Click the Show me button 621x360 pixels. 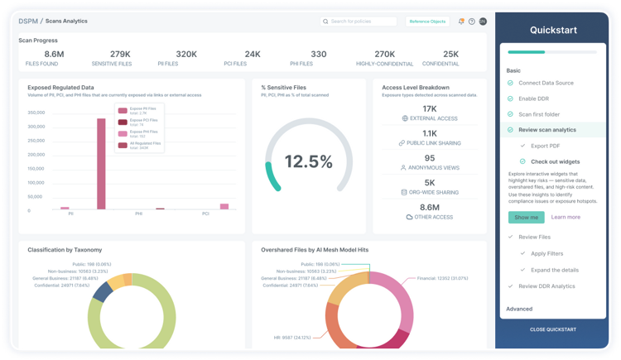pyautogui.click(x=526, y=217)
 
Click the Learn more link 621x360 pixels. pyautogui.click(x=566, y=217)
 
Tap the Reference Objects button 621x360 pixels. pyautogui.click(x=426, y=21)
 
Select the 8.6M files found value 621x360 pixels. pyautogui.click(x=42, y=54)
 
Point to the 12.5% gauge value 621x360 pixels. pyautogui.click(x=309, y=161)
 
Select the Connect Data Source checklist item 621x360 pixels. pyautogui.click(x=546, y=84)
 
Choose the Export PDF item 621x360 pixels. pyautogui.click(x=547, y=145)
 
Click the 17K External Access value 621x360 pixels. pyautogui.click(x=429, y=108)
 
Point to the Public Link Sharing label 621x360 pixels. pyautogui.click(x=433, y=143)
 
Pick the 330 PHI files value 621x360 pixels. pyautogui.click(x=318, y=54)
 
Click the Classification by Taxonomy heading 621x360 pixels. pyautogui.click(x=66, y=249)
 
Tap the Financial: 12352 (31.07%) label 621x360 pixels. pyautogui.click(x=445, y=278)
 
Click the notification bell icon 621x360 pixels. pyautogui.click(x=461, y=22)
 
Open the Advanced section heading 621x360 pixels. pyautogui.click(x=520, y=309)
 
